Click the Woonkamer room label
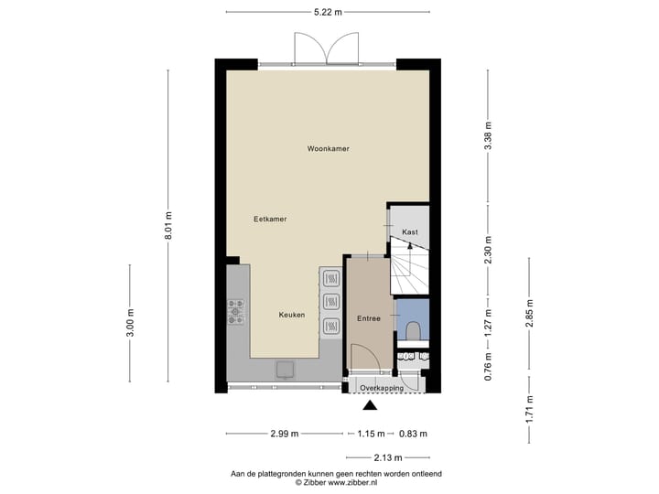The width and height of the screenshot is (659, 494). coord(328,148)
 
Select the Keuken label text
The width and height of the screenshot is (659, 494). coord(292,315)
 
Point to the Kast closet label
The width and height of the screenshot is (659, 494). coord(409,231)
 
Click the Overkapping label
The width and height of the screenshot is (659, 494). coord(382,388)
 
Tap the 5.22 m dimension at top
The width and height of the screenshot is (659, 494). coord(327,12)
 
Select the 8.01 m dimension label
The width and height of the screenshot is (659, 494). coord(168,226)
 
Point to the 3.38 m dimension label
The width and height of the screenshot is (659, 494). coord(488,136)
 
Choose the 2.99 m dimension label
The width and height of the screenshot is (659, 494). coord(284,434)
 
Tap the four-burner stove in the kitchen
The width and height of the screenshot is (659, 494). coord(236,312)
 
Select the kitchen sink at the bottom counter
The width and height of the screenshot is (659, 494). coord(286,368)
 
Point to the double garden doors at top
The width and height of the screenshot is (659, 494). coord(326,48)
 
